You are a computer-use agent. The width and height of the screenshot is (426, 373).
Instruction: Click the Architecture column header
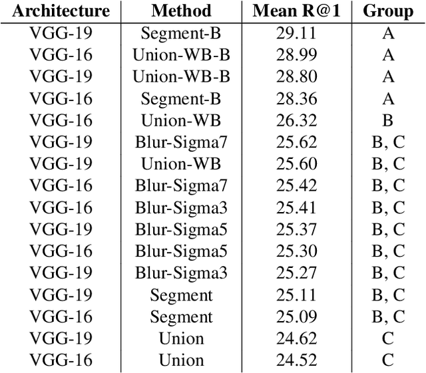coord(61,11)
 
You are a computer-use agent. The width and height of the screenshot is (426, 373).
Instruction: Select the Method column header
coord(181,11)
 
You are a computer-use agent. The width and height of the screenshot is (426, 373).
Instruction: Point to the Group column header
coord(388,11)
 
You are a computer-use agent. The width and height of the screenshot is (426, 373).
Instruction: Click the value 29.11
coord(296,34)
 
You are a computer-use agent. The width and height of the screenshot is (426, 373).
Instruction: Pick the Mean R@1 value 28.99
coord(296,55)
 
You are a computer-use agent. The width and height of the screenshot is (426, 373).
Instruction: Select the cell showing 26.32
coord(296,120)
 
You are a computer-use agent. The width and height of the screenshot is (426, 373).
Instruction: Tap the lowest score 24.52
coord(296,360)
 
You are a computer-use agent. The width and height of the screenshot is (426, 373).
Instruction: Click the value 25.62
coord(296,142)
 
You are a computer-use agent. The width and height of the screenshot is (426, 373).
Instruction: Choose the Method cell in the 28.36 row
coord(181,99)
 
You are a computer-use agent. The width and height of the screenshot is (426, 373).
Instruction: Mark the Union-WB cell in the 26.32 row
coord(181,120)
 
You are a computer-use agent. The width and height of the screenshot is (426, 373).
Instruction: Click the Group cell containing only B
coord(388,120)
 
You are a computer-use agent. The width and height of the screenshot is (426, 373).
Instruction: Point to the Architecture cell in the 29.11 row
coord(61,34)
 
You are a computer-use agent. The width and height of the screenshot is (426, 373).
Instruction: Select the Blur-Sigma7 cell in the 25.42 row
coord(181,186)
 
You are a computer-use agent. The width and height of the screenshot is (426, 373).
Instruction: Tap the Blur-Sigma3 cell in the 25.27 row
coord(181,273)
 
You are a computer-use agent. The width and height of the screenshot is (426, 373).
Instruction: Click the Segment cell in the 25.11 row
coord(181,295)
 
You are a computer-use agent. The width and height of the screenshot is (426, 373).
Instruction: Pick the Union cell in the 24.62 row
coord(181,338)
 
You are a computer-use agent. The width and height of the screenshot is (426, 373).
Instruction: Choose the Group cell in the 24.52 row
coord(388,360)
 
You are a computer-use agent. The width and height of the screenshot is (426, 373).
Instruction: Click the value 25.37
coord(296,229)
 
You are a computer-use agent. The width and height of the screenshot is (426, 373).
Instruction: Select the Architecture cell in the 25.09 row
coord(61,316)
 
